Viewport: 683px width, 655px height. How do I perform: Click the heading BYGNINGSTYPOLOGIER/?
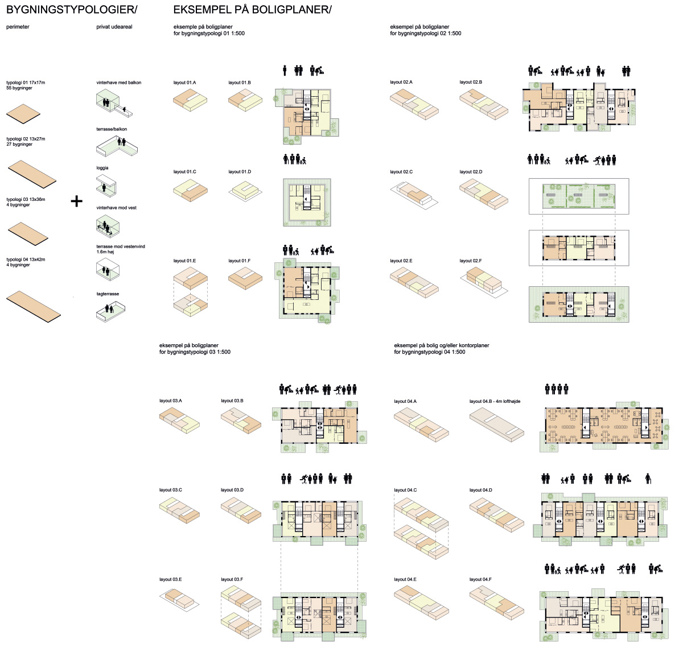pos(72,10)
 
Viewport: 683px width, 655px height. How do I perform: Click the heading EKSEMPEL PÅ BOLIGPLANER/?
pos(252,10)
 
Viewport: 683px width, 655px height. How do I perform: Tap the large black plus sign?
pos(76,201)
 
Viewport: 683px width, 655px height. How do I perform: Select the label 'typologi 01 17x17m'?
pos(26,83)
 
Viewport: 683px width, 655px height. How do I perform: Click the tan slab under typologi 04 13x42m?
pos(34,305)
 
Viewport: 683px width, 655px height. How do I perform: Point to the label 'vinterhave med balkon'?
pos(119,83)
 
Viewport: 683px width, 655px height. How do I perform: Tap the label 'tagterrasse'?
pos(108,294)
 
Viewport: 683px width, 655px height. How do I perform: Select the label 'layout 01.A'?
pos(184,83)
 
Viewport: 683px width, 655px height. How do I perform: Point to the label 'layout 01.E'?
pos(184,261)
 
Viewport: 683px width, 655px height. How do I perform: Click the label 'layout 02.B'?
pos(471,83)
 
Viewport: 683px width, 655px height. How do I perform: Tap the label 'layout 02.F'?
pos(471,261)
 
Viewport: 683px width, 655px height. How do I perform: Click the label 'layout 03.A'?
pos(171,401)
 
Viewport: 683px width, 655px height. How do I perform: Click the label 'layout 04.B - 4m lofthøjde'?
pos(495,401)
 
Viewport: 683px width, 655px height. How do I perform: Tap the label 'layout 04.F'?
pos(480,579)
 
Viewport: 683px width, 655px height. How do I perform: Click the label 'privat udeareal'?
pos(114,27)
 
